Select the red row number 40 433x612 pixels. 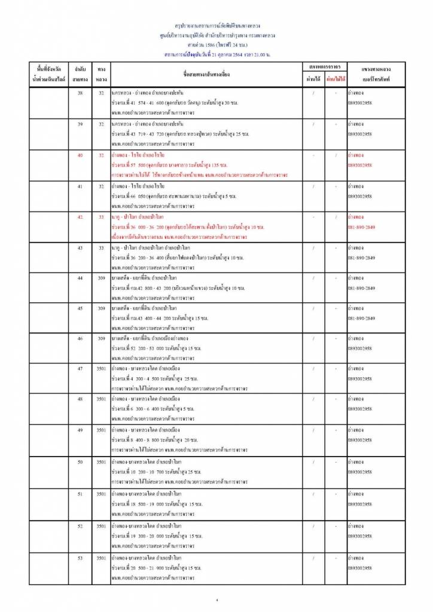(80, 155)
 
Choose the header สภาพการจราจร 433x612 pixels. (325, 67)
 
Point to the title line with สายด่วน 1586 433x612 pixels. (216, 45)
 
